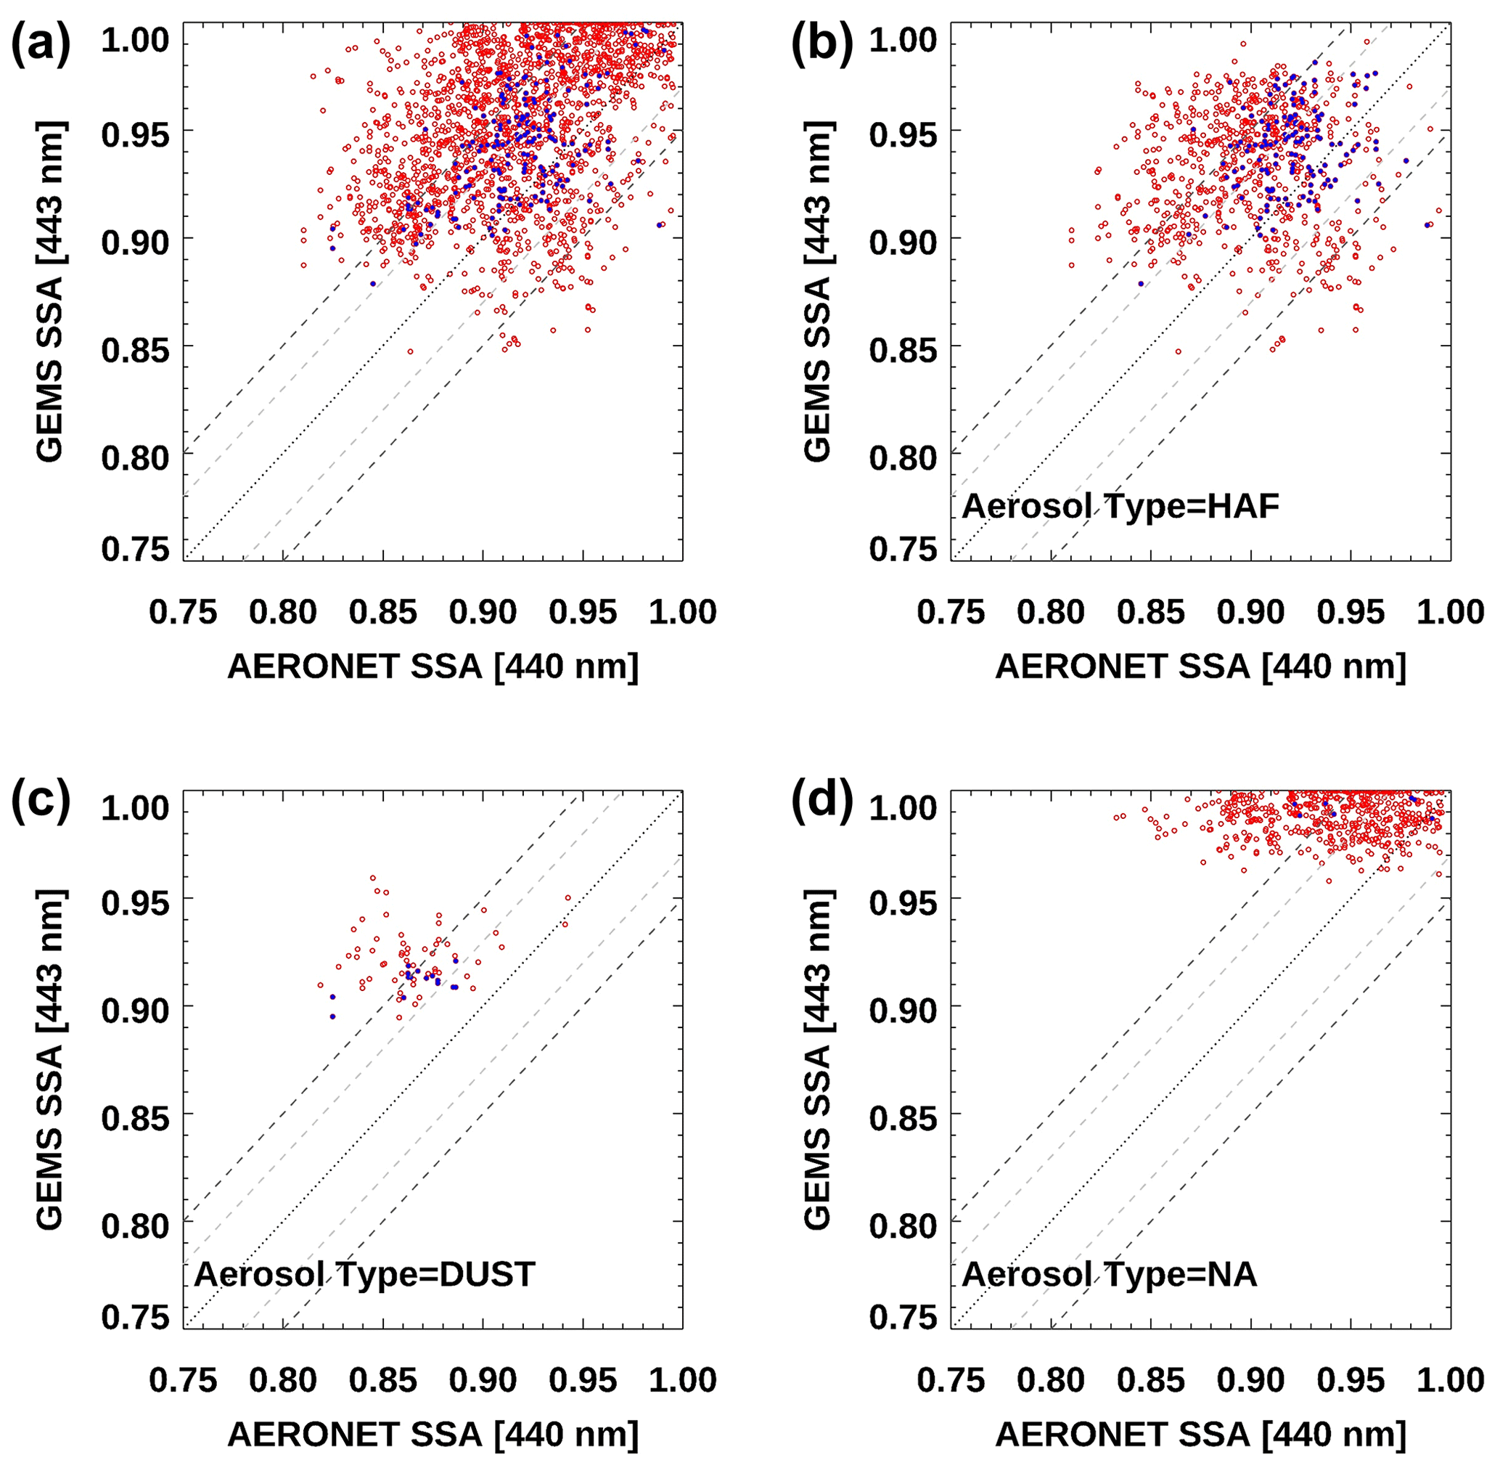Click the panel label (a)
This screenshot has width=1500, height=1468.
(40, 44)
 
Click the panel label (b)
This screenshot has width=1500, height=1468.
(821, 44)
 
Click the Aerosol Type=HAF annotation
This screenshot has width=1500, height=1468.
(1120, 507)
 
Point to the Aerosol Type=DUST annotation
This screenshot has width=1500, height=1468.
(364, 1274)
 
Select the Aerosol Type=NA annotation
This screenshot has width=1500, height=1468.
(1109, 1274)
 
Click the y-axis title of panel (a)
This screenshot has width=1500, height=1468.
(49, 291)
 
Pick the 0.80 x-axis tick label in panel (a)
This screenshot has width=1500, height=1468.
(283, 612)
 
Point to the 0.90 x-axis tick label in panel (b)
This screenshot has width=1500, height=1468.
(1250, 612)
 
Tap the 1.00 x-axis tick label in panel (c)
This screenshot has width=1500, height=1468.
(682, 1381)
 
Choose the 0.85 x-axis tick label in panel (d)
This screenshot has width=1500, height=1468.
(1150, 1381)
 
